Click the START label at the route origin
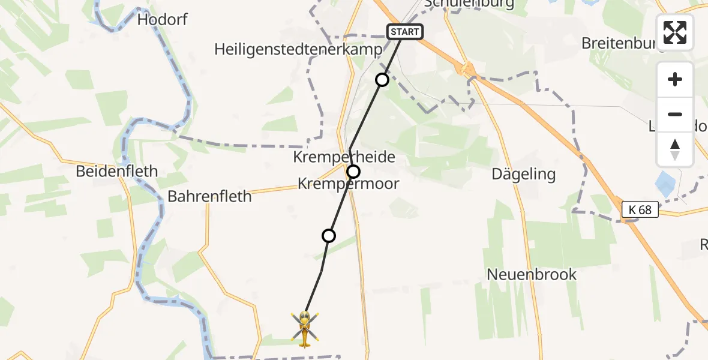(405, 32)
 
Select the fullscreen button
(675, 32)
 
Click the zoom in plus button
(675, 79)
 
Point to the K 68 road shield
(640, 209)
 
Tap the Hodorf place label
(162, 20)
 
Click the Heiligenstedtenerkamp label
(298, 50)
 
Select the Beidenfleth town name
(117, 172)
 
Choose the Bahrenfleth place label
(209, 196)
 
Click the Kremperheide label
(344, 157)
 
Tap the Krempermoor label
(349, 184)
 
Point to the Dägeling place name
(523, 175)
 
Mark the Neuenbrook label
(532, 275)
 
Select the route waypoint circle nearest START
(382, 79)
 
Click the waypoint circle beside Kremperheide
(354, 172)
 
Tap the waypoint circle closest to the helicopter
(329, 236)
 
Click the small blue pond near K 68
(664, 181)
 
